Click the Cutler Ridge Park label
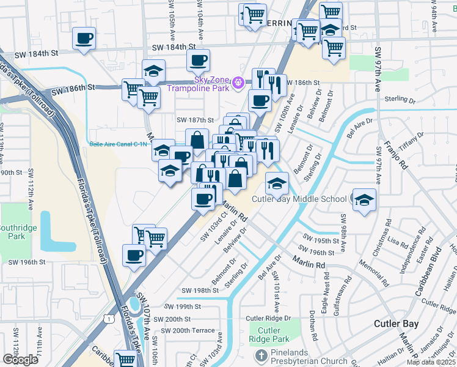[x=269, y=335]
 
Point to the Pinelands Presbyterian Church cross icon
[x=261, y=355]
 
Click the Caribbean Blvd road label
[x=427, y=272]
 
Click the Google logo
[x=20, y=359]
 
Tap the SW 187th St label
[x=195, y=120]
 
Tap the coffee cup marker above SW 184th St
[x=84, y=38]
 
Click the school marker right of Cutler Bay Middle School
[x=364, y=199]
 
